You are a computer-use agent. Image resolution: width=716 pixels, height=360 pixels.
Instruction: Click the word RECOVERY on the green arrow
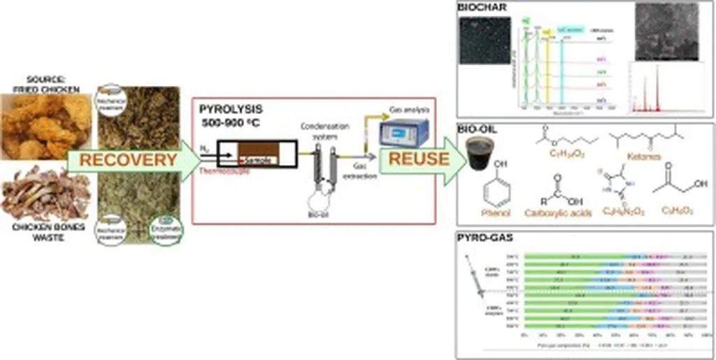(127, 161)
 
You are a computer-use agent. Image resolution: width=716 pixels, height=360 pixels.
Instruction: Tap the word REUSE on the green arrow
(418, 159)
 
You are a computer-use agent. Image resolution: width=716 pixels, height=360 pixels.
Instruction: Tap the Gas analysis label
(406, 110)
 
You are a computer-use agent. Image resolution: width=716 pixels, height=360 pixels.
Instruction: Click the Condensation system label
(320, 131)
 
